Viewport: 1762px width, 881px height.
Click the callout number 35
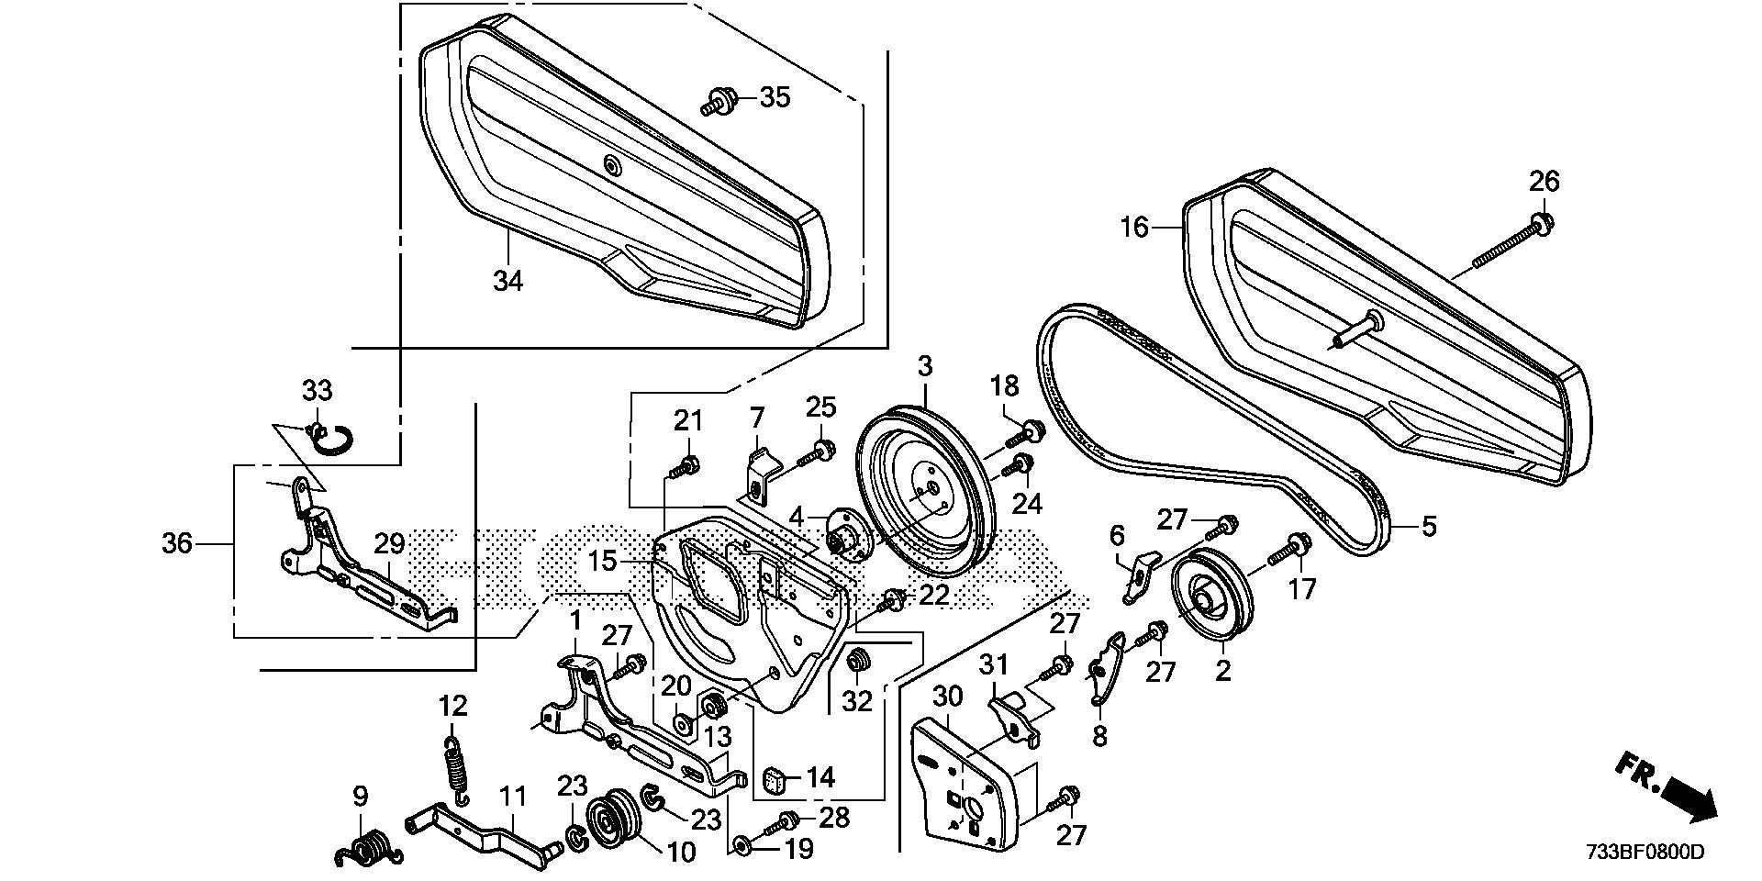click(x=775, y=96)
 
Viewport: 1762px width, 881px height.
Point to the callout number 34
click(x=507, y=280)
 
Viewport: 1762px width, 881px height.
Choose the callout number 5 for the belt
click(x=1429, y=528)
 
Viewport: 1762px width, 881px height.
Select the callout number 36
click(x=177, y=544)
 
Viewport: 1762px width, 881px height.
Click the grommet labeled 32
click(x=859, y=660)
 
